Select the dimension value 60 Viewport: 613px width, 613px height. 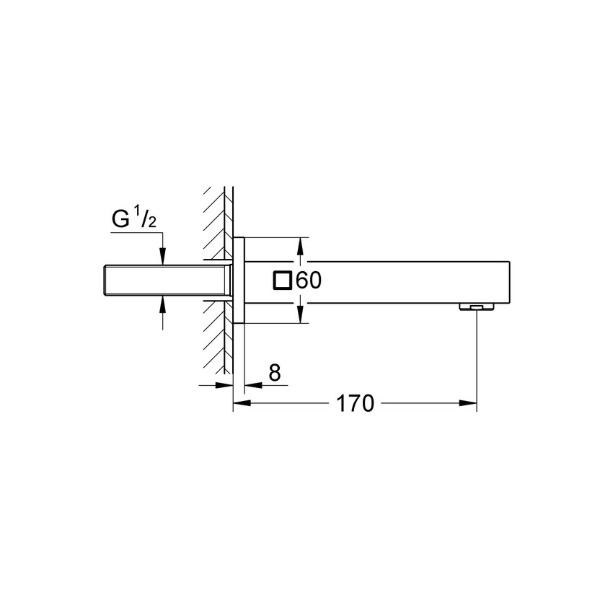[308, 281]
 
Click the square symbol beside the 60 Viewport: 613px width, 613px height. [283, 281]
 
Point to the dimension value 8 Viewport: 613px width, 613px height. [274, 373]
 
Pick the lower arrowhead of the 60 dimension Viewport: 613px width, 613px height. [301, 314]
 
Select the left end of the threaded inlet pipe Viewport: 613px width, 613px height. [105, 280]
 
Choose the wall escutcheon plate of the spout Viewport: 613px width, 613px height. [239, 280]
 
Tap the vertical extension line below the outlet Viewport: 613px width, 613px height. [477, 353]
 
